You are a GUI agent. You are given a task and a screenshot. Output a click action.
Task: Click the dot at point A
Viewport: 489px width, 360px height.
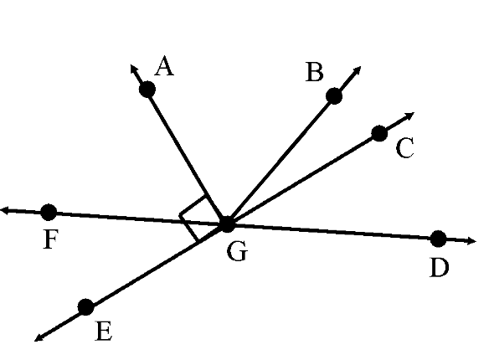[147, 90]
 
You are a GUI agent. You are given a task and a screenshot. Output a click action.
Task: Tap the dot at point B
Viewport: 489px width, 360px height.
[334, 95]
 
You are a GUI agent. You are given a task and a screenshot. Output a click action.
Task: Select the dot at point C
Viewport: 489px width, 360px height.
[379, 133]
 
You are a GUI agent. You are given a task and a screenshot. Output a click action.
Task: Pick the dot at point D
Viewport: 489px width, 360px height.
[438, 239]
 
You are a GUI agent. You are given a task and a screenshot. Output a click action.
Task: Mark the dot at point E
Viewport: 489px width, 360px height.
[85, 307]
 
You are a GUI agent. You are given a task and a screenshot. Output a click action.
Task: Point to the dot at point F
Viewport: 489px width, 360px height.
[49, 213]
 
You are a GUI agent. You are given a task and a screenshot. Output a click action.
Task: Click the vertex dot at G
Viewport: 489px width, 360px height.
[228, 224]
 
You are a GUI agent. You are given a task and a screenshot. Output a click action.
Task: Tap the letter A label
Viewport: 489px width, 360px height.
[164, 66]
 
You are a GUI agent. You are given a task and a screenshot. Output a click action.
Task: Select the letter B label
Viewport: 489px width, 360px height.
[314, 72]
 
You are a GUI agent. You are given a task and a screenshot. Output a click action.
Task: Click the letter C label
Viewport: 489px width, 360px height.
[405, 147]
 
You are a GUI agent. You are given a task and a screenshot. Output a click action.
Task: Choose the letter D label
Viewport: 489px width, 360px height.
[439, 267]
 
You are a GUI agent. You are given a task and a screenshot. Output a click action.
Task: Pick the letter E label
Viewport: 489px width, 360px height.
[104, 331]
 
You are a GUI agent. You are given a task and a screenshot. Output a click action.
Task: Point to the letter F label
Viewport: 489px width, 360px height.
[50, 239]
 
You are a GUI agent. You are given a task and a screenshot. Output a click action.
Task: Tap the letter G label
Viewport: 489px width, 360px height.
[237, 251]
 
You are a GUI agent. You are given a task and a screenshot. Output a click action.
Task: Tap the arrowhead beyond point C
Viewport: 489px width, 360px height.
[410, 116]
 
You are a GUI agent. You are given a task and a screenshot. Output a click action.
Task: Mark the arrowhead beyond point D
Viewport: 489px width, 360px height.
[471, 241]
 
